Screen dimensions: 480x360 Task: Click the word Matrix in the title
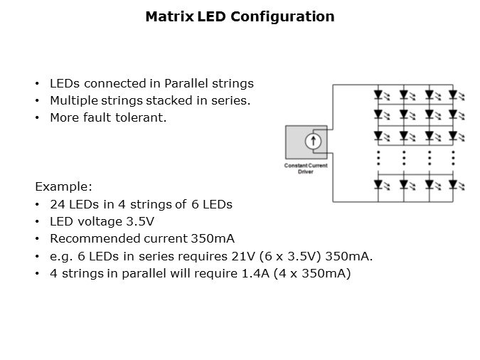pyautogui.click(x=169, y=16)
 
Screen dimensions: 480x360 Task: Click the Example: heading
pyautogui.click(x=64, y=186)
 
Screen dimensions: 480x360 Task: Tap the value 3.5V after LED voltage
pyautogui.click(x=140, y=221)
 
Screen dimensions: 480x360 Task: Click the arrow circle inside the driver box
pyautogui.click(x=313, y=142)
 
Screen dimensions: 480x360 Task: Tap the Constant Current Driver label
pyautogui.click(x=306, y=169)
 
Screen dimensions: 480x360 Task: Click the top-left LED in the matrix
pyautogui.click(x=381, y=95)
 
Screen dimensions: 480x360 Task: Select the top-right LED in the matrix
pyautogui.click(x=457, y=95)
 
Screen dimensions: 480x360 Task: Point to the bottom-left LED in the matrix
pyautogui.click(x=381, y=185)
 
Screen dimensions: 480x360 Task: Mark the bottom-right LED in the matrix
pyautogui.click(x=457, y=185)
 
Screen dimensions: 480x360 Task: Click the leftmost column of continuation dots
pyautogui.click(x=379, y=158)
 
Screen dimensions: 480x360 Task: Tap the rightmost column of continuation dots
pyautogui.click(x=454, y=158)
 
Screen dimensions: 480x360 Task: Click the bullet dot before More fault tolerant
pyautogui.click(x=37, y=118)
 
